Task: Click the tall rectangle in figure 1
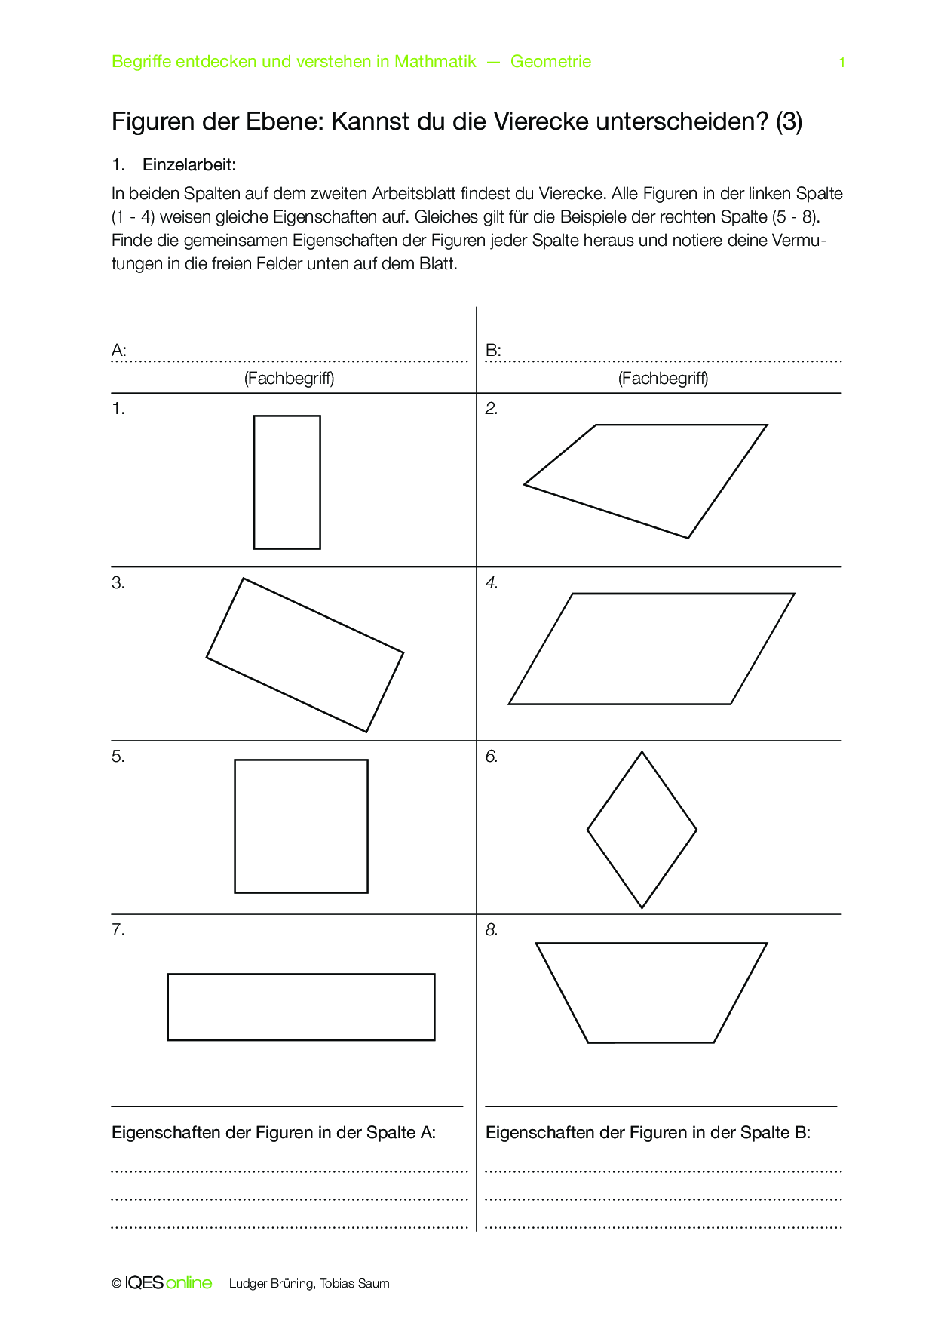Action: click(x=287, y=482)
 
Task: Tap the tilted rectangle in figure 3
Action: click(x=305, y=655)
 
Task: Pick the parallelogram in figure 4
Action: click(x=651, y=649)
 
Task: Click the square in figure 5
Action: click(x=301, y=826)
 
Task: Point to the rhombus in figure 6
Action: click(x=642, y=830)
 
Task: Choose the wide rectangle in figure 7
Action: click(x=301, y=1007)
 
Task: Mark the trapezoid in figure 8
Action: click(x=651, y=991)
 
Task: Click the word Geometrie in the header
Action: click(x=550, y=62)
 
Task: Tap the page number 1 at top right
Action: click(x=841, y=63)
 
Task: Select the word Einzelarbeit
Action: click(x=189, y=165)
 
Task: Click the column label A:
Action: click(x=119, y=351)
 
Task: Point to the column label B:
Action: click(x=493, y=351)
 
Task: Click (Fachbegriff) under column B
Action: click(x=663, y=379)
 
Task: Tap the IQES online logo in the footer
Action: click(x=168, y=1283)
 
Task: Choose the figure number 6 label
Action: click(x=492, y=757)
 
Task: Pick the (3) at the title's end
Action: click(x=789, y=121)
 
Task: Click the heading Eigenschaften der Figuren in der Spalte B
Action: click(x=648, y=1133)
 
